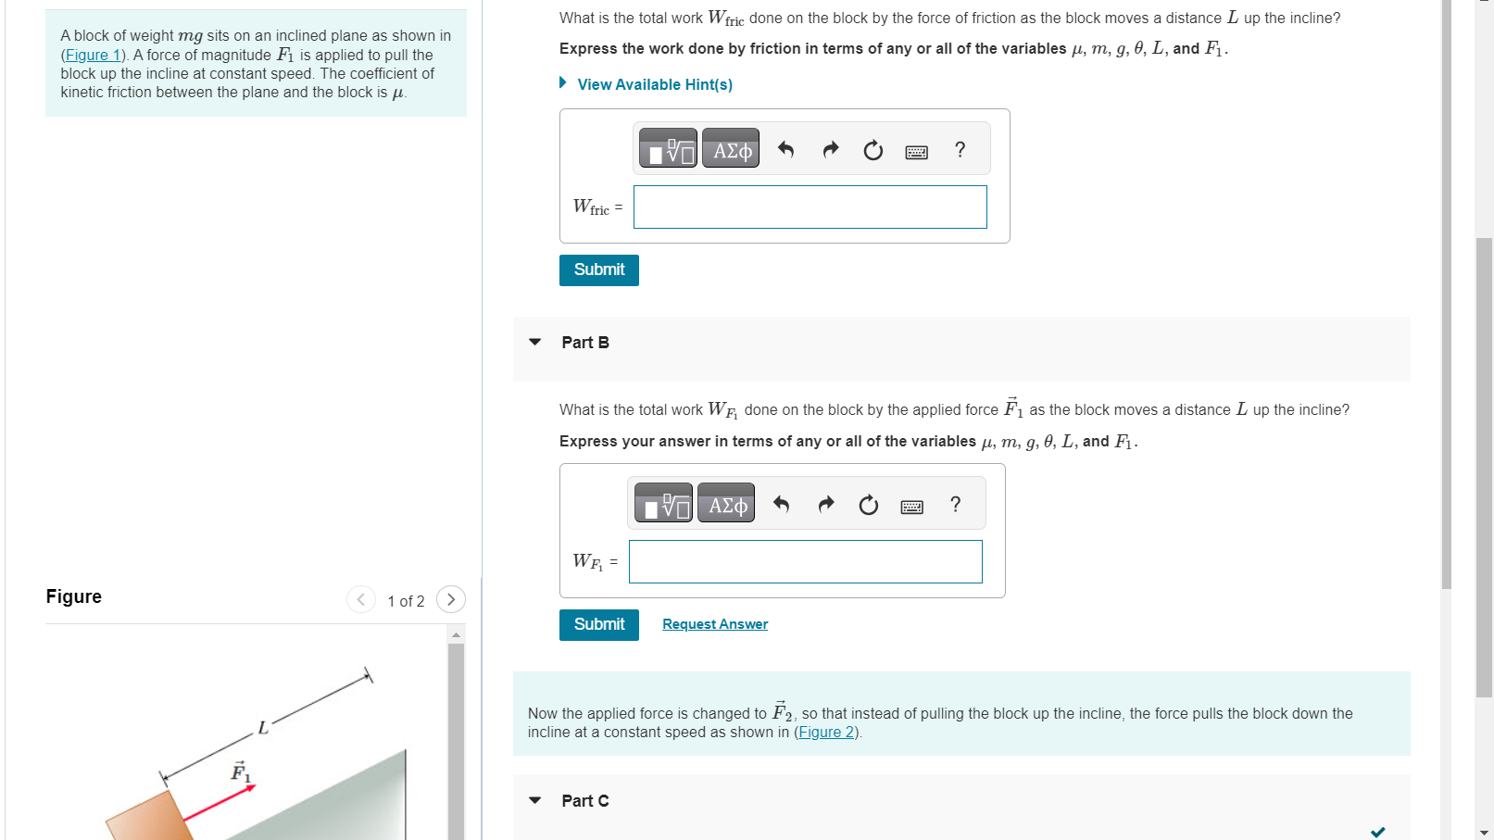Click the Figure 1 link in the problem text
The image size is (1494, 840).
point(92,56)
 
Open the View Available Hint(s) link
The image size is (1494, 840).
point(654,84)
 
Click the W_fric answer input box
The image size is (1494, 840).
point(810,207)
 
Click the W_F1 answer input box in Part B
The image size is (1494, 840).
point(805,562)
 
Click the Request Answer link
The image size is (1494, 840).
point(714,624)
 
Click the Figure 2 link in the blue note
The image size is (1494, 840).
point(826,733)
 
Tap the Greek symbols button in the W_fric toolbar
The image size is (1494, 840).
point(731,149)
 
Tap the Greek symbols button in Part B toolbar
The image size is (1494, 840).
point(726,504)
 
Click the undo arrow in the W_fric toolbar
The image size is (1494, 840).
point(785,149)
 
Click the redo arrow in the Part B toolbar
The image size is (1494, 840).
point(826,504)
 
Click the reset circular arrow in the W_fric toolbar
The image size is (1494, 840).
point(873,150)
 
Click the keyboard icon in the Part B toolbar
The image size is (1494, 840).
point(911,506)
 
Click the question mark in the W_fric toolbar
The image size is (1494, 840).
point(960,149)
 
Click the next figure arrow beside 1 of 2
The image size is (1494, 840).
point(451,599)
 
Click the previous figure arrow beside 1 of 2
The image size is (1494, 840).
point(360,599)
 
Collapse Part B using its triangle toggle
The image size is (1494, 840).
point(534,342)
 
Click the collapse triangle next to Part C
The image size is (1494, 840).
point(534,800)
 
